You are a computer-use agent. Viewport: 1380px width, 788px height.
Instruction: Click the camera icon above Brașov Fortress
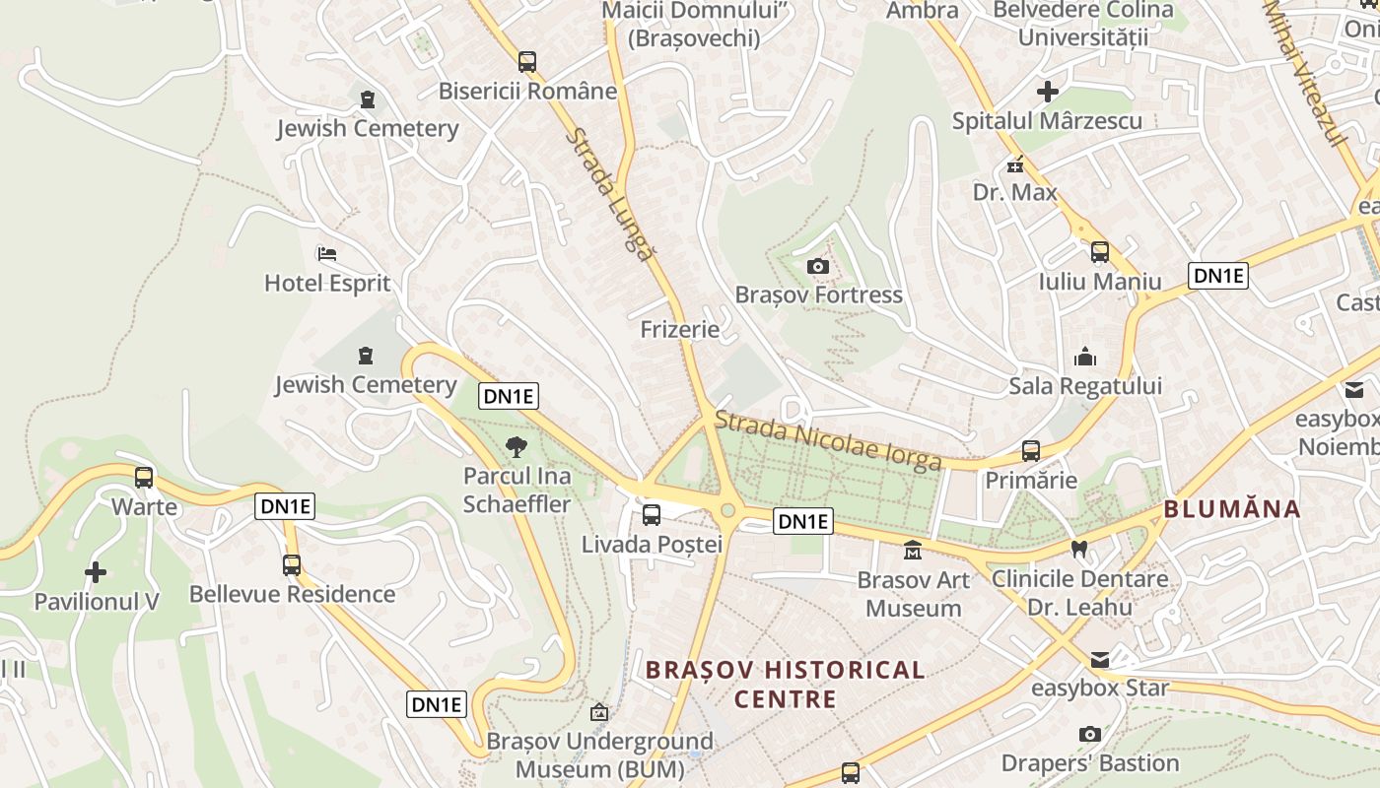click(817, 266)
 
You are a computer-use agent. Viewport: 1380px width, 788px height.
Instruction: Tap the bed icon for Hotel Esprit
click(327, 254)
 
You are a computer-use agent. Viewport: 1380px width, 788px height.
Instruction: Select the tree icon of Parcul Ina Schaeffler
click(516, 447)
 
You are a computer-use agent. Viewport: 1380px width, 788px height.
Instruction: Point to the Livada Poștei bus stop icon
click(652, 514)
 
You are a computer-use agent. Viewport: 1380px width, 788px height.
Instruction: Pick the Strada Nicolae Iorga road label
click(827, 440)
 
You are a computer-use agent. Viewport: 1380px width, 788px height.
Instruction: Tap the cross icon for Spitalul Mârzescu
click(1048, 93)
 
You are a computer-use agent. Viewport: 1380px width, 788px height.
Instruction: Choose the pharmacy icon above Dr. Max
click(1014, 164)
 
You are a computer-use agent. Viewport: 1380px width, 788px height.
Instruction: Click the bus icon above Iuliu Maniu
click(1100, 252)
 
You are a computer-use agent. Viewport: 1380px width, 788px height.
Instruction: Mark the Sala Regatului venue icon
click(1085, 357)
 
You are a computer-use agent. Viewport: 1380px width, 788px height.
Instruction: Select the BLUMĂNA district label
click(1232, 509)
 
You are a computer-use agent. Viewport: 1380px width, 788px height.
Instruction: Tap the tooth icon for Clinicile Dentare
click(1079, 550)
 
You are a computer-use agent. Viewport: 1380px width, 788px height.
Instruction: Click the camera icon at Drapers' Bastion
click(1089, 734)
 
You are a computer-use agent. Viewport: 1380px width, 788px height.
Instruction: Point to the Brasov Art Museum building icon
click(913, 551)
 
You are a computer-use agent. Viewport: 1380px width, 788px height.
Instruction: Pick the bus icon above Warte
click(144, 478)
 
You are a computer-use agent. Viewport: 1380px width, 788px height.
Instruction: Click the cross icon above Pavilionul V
click(96, 571)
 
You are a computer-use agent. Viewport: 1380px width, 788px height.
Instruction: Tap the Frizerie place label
click(680, 329)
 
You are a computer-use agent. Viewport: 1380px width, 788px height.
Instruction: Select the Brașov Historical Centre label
click(785, 685)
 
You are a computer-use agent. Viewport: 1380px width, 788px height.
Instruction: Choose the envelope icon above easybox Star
click(1099, 659)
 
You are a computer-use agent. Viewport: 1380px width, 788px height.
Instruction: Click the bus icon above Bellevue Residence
click(292, 565)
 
